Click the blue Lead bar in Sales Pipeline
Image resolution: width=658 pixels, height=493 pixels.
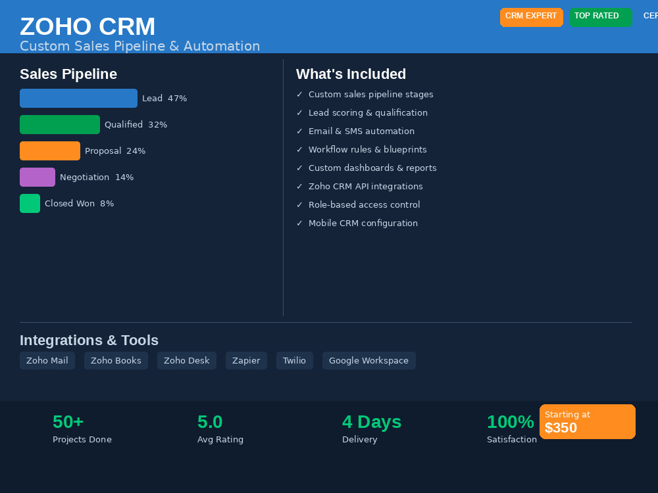78,98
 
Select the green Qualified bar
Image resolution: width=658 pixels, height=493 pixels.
60,124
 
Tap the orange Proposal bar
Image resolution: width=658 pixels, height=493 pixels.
50,151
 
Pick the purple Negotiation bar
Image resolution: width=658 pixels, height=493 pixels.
38,177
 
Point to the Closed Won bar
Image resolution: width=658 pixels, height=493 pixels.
30,203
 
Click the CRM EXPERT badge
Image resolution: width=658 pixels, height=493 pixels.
531,17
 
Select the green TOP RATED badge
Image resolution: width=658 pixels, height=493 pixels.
601,17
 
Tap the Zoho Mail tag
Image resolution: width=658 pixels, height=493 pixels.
47,360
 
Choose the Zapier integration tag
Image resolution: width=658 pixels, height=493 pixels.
246,360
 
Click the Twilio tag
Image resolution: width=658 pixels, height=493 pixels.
295,360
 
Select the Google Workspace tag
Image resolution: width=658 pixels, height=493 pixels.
369,360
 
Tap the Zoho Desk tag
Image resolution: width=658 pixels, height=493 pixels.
187,360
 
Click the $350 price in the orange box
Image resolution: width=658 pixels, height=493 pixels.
561,428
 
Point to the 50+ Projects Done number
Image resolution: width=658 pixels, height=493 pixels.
68,422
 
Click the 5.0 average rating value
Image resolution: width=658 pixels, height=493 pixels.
210,422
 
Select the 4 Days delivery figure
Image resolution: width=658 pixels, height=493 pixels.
372,422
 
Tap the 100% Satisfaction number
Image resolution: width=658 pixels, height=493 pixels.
511,422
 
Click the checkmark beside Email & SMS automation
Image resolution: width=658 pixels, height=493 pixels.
299,131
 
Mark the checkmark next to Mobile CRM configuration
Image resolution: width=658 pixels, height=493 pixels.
299,223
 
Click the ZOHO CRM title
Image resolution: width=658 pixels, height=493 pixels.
88,26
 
